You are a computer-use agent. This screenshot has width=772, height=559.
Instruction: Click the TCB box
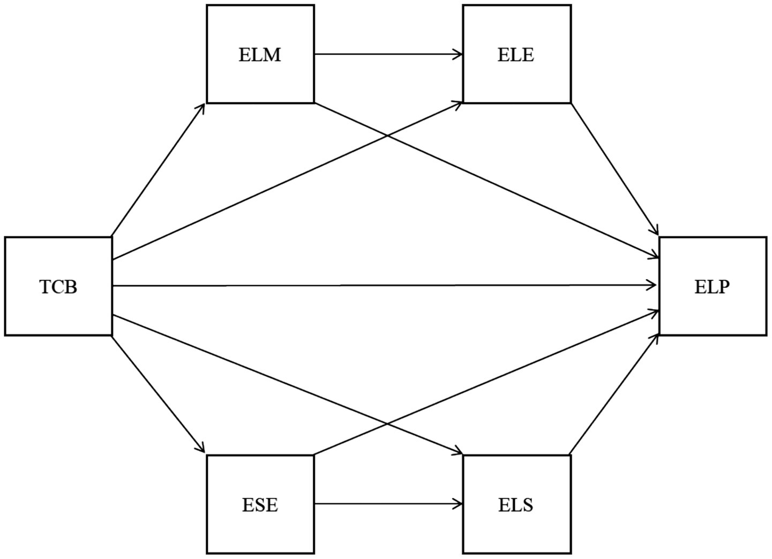(x=58, y=287)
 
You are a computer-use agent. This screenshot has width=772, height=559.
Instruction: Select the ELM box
(x=260, y=54)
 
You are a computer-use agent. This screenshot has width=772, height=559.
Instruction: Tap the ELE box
(x=516, y=54)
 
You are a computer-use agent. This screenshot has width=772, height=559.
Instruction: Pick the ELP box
(x=712, y=287)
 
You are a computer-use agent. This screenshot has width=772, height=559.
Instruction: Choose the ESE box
(x=260, y=504)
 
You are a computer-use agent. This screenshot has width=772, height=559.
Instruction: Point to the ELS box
(x=516, y=504)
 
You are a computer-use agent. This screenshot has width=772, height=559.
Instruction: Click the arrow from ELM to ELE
(x=388, y=54)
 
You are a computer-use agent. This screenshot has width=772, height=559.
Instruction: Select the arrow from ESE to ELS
(x=388, y=504)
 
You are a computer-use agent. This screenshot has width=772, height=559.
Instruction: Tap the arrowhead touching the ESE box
(x=202, y=449)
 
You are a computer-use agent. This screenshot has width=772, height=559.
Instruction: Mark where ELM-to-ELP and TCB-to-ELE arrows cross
(x=387, y=136)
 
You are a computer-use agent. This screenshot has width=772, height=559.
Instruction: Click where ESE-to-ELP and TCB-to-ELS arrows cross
(x=387, y=426)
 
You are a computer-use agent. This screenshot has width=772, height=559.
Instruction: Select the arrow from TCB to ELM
(x=159, y=169)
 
